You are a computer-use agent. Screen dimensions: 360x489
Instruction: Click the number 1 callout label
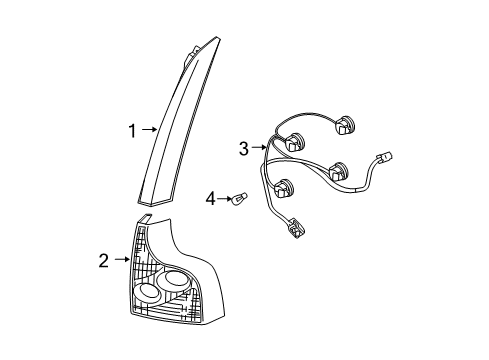click(x=131, y=129)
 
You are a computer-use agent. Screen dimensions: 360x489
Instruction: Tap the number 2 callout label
click(x=102, y=262)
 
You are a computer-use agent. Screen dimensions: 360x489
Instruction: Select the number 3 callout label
click(x=243, y=149)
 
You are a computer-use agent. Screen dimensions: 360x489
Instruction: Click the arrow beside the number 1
click(x=148, y=129)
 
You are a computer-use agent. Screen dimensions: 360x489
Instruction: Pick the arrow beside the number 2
click(x=121, y=262)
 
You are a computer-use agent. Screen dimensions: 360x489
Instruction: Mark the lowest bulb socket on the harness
click(x=284, y=186)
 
